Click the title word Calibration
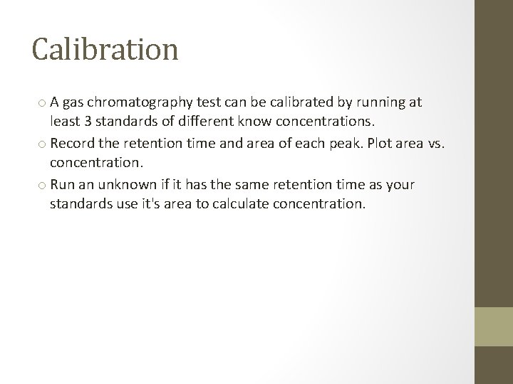click(105, 50)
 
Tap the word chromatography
click(123, 102)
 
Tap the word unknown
click(125, 185)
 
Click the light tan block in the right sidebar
click(494, 326)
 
